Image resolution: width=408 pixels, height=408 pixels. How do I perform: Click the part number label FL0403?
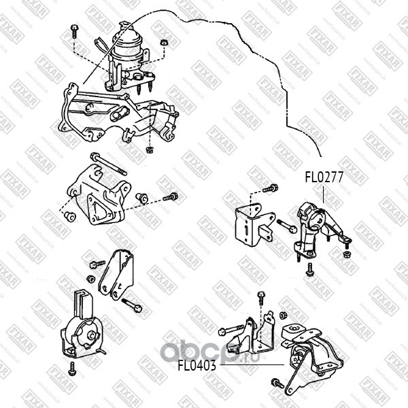pyautogui.click(x=197, y=365)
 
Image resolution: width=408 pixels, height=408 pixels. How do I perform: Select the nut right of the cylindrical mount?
pyautogui.click(x=164, y=44)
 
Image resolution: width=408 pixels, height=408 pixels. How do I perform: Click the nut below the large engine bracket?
pyautogui.click(x=148, y=148)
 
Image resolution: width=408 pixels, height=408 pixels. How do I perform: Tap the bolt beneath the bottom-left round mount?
pyautogui.click(x=72, y=369)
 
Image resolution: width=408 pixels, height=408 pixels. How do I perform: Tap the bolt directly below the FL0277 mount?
pyautogui.click(x=310, y=270)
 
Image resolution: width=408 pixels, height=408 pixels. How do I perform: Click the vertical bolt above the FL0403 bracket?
pyautogui.click(x=261, y=297)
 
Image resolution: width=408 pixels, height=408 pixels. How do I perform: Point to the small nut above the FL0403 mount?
pyautogui.click(x=283, y=316)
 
